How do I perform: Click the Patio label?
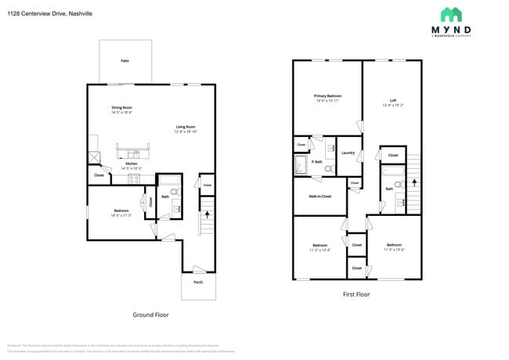[x=125, y=60]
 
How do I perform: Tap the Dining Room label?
[x=121, y=107]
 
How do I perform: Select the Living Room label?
[x=185, y=127]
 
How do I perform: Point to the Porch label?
[x=198, y=283]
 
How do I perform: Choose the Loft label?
[x=393, y=100]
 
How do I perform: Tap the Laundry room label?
[x=348, y=153]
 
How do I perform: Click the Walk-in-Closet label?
[x=319, y=196]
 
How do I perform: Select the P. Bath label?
[x=317, y=161]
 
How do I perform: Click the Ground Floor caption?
[x=151, y=315]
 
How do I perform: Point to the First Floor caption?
[x=356, y=294]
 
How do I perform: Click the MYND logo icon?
[x=451, y=14]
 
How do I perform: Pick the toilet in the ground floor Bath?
[x=174, y=191]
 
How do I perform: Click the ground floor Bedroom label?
[x=121, y=211]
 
